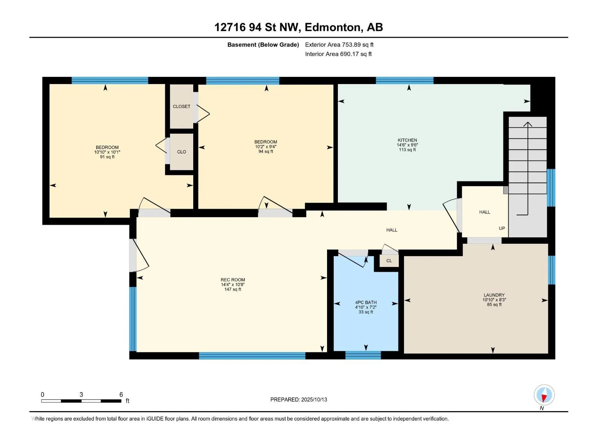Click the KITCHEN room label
coord(407,140)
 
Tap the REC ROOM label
coord(233,280)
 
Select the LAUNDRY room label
coord(494,295)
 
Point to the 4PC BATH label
coord(366,302)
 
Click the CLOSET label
coord(181,106)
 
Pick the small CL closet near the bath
coord(389,261)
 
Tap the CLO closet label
coord(181,152)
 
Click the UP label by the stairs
coord(502,228)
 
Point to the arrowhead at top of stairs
coord(528,124)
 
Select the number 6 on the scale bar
coord(121,394)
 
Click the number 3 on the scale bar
coord(81,394)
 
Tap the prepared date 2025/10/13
coord(314,399)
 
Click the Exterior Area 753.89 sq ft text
coord(339,44)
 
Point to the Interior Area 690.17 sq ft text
coord(338,54)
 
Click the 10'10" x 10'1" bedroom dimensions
coord(107,152)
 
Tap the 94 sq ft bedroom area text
coord(266,151)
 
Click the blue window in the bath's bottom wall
coord(363,355)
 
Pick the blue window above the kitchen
coord(404,81)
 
